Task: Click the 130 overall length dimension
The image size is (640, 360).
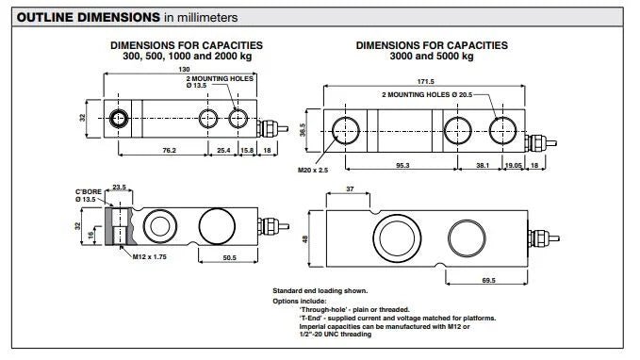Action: pos(184,69)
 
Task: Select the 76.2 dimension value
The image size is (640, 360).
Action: pos(169,150)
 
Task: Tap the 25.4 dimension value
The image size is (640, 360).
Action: pos(223,150)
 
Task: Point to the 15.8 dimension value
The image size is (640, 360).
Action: pos(247,150)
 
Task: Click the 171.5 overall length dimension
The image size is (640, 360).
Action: pos(425,82)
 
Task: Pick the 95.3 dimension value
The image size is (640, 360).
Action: pos(402,165)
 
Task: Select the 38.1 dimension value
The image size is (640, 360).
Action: pos(483,165)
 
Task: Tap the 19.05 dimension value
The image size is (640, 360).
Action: pos(514,165)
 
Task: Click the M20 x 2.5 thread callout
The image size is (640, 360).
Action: pos(313,171)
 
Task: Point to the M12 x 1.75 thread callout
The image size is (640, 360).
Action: pos(149,256)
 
